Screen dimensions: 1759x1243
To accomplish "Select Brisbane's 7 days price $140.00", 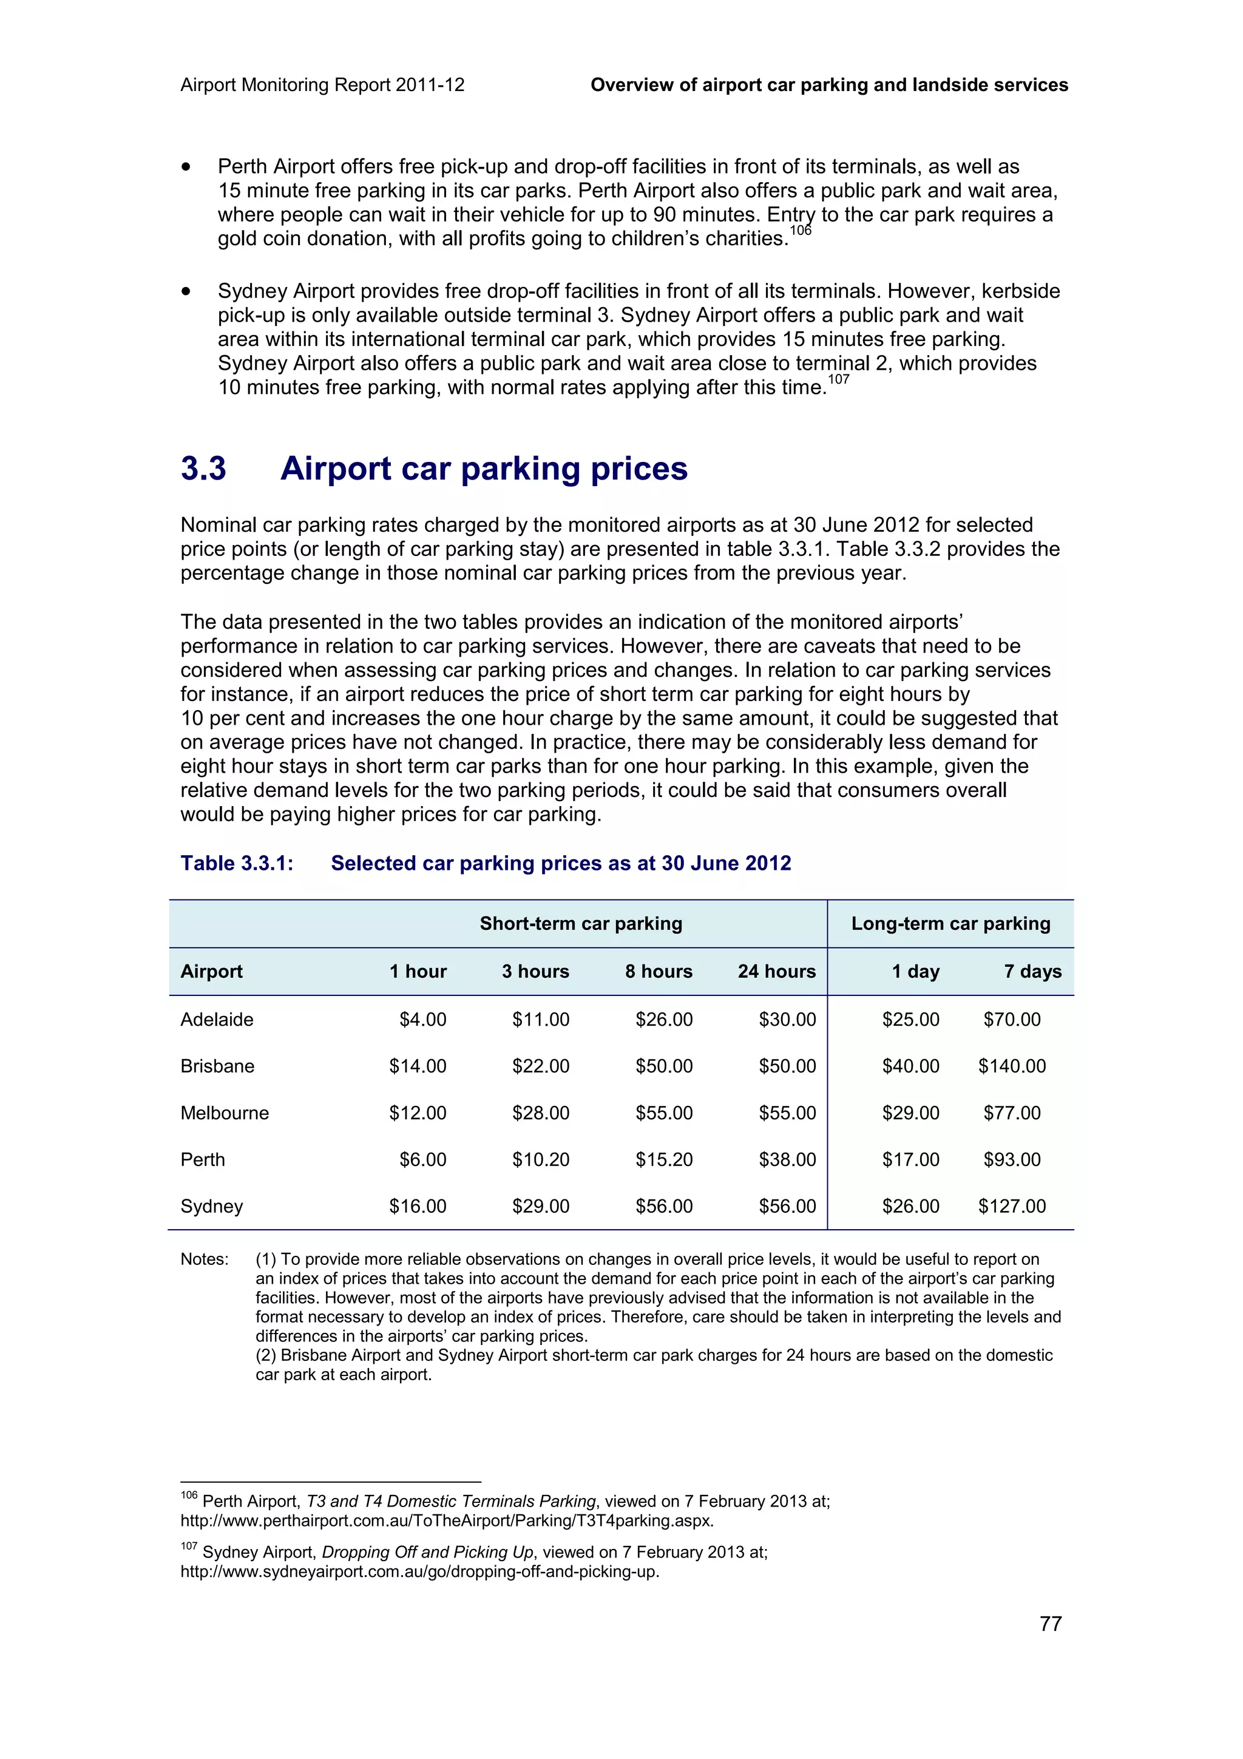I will click(x=1011, y=1066).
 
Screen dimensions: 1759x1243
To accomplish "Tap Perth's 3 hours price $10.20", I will click(x=540, y=1159).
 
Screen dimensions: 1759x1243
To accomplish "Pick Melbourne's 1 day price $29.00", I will click(x=910, y=1113).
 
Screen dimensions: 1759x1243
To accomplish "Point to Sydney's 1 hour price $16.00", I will click(x=418, y=1206).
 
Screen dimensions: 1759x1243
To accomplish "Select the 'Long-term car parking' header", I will click(x=950, y=923).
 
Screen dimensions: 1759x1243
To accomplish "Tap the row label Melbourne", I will click(x=225, y=1113).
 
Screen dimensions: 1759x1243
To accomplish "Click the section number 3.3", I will click(x=204, y=468).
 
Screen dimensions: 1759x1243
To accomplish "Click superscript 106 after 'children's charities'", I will click(x=801, y=231).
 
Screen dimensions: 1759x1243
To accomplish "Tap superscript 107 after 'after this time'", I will click(x=839, y=379).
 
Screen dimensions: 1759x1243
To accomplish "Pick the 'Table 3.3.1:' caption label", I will click(x=237, y=863).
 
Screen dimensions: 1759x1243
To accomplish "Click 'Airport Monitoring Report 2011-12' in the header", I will click(x=322, y=85).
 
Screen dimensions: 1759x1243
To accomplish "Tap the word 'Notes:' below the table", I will click(x=205, y=1259).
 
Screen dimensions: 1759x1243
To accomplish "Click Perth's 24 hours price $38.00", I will click(x=787, y=1159).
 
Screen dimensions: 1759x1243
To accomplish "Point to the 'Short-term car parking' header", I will click(x=580, y=923).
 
